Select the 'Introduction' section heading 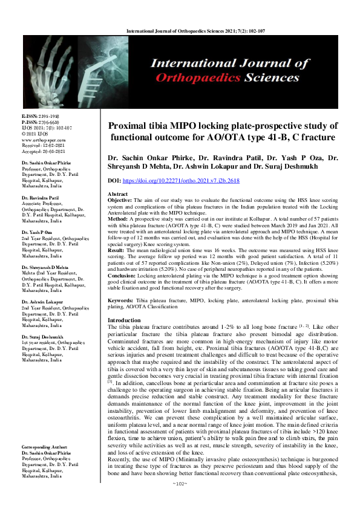coord(124,320)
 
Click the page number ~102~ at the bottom coord(180,501)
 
